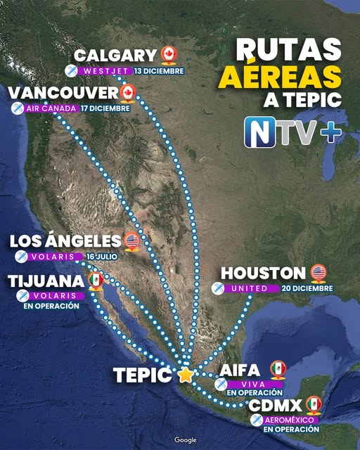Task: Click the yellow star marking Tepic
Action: click(x=185, y=375)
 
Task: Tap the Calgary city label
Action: click(x=115, y=56)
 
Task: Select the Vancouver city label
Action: click(x=63, y=94)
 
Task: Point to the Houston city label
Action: click(x=264, y=273)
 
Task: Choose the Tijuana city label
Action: click(x=46, y=281)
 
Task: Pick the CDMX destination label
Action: click(x=276, y=405)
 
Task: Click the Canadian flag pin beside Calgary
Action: click(x=167, y=54)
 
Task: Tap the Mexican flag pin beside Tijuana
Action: click(x=96, y=280)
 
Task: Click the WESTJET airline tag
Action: click(x=105, y=71)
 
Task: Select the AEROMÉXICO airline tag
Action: click(x=290, y=420)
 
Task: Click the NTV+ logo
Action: click(x=290, y=131)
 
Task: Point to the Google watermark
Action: click(x=186, y=439)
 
